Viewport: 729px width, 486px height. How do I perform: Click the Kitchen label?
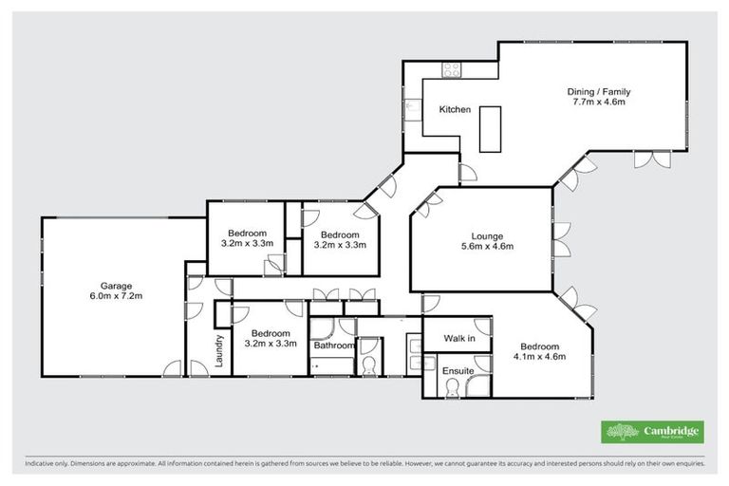click(x=454, y=110)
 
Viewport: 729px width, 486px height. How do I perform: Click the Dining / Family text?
click(x=598, y=92)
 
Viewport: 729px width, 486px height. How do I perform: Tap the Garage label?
click(x=117, y=285)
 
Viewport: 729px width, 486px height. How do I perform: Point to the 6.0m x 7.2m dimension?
click(x=117, y=295)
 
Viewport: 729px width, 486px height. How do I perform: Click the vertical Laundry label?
click(x=218, y=350)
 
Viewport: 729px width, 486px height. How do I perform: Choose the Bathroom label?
click(x=333, y=346)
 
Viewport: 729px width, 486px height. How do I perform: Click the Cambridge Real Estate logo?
click(x=652, y=431)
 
